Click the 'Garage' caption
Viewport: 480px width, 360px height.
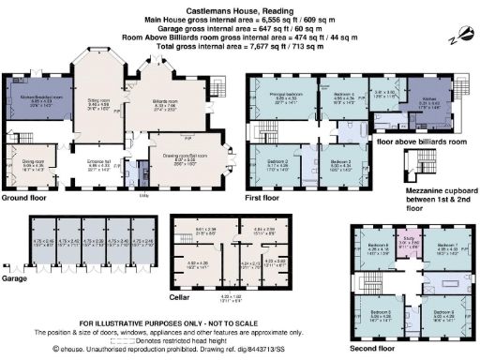(x=14, y=277)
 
